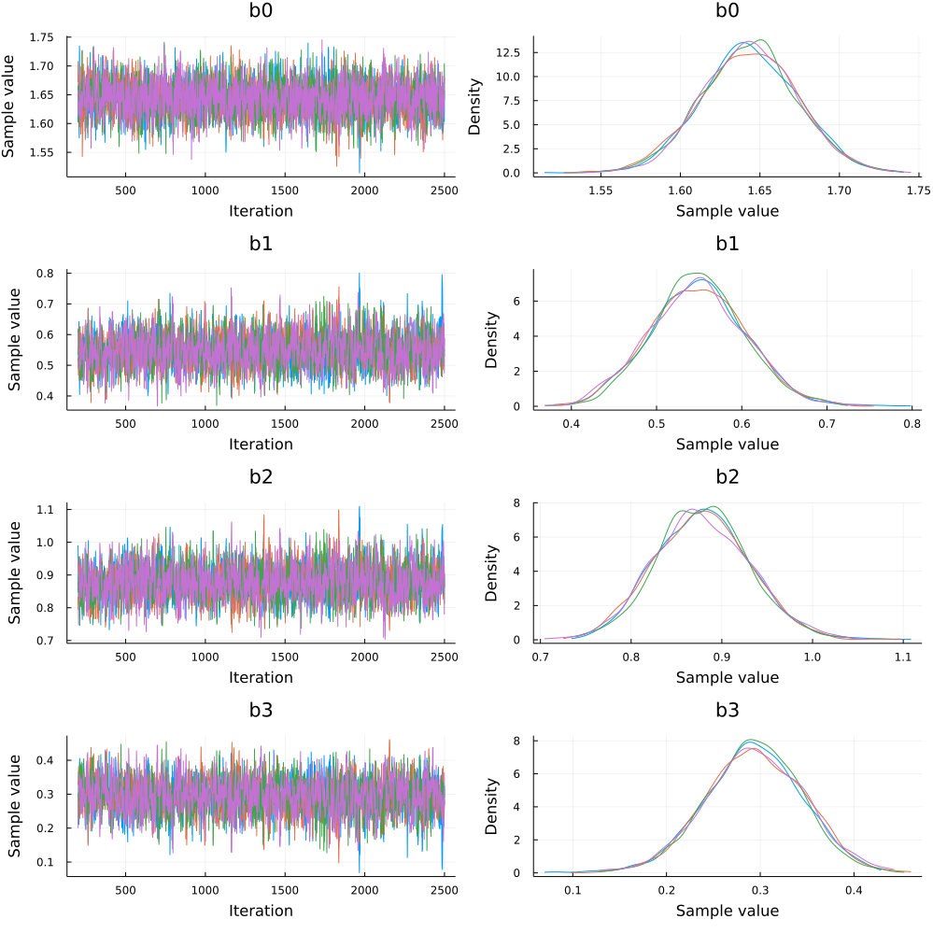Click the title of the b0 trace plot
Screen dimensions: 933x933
[x=261, y=14]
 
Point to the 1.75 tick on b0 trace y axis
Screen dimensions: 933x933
[x=41, y=37]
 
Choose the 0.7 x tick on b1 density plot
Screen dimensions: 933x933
[x=642, y=422]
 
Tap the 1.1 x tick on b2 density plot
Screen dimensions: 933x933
[x=902, y=656]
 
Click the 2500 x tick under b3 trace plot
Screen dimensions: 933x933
[x=444, y=889]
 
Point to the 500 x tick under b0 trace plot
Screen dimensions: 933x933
[x=125, y=189]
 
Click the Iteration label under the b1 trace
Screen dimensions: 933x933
[x=261, y=444]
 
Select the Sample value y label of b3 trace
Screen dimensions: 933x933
[x=15, y=806]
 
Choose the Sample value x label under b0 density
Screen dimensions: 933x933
[x=727, y=210]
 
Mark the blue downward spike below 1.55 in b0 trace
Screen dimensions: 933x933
[x=360, y=169]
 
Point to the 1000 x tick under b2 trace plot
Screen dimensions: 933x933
[x=205, y=656]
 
